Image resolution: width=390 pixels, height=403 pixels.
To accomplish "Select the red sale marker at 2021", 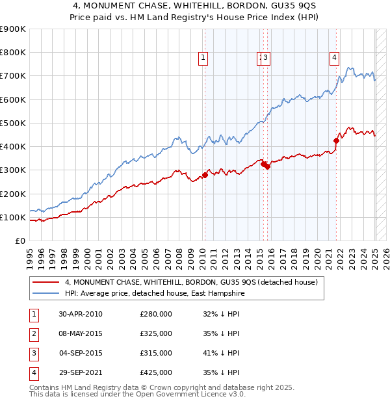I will (336, 140).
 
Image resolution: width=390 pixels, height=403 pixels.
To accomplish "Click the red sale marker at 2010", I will (205, 175).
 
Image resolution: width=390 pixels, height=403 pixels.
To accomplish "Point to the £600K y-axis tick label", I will (13, 99).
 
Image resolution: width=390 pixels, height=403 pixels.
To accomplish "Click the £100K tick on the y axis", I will (13, 217).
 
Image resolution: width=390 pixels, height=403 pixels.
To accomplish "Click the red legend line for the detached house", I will (45, 282).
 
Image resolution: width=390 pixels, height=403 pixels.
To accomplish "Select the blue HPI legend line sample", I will (45, 294).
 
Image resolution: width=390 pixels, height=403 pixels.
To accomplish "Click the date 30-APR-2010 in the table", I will (81, 314).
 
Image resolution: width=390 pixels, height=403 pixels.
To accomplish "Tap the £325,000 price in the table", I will (155, 333).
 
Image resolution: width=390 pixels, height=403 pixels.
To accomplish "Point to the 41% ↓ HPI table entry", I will (221, 353).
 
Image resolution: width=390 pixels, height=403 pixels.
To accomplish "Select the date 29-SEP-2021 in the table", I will (81, 372).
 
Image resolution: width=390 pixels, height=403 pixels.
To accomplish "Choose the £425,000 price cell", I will (155, 372).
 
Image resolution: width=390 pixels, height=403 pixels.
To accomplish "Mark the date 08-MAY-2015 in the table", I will (81, 333).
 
